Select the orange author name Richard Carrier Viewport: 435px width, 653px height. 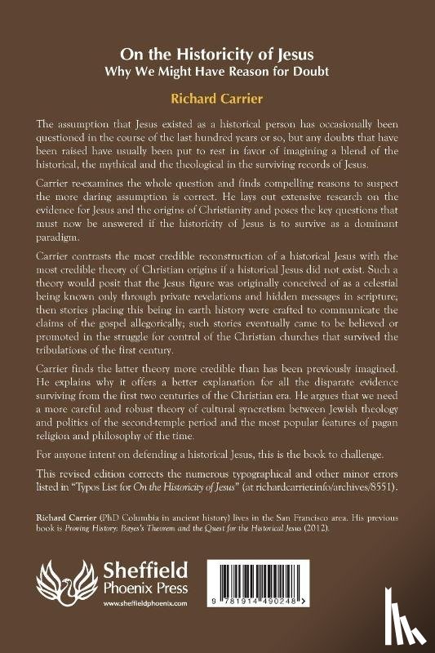pyautogui.click(x=217, y=97)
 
